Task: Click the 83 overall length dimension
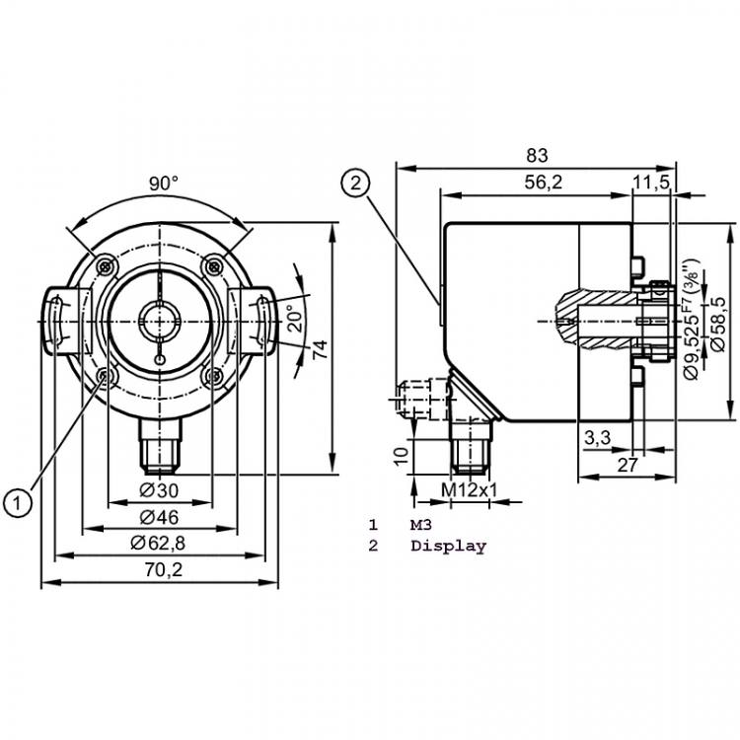point(537,155)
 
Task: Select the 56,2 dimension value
point(544,183)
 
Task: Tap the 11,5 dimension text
point(651,183)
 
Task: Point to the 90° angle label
point(164,184)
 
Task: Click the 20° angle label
point(296,318)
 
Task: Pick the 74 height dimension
point(320,348)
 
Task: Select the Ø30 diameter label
point(160,491)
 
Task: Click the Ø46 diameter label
point(160,518)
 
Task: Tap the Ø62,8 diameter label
point(158,544)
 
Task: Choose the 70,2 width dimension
point(163,570)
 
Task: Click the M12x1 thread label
point(469,490)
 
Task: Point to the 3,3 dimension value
point(598,438)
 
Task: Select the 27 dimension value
point(628,466)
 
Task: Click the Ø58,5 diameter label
point(718,324)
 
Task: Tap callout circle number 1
point(18,503)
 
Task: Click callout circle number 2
point(355,184)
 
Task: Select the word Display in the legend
point(448,546)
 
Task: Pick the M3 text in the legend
point(421,525)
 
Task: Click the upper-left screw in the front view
point(107,266)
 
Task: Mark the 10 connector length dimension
point(402,456)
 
